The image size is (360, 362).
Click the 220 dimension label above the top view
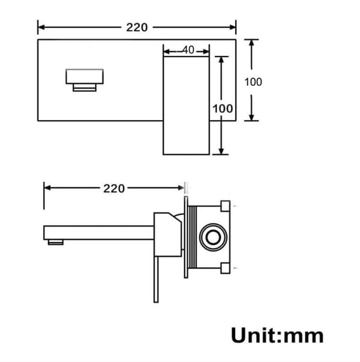137,28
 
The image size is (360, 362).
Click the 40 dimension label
188,50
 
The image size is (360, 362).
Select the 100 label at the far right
253,82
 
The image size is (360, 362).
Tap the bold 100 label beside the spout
223,109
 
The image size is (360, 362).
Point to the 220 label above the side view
114,189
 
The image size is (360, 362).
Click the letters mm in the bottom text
304,337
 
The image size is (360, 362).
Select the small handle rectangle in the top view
85,80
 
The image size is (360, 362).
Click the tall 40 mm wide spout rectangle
186,105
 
